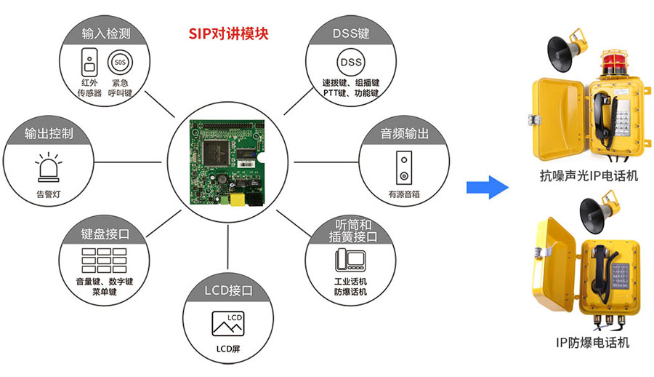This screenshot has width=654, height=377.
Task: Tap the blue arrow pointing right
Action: point(486,186)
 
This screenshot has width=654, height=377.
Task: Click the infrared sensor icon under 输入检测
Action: point(89,63)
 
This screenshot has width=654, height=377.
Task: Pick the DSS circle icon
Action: point(350,62)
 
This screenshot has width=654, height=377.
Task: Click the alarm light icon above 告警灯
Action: point(49,169)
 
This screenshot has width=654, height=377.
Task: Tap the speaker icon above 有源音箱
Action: point(402,168)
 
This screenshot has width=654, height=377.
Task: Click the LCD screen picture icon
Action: point(227,323)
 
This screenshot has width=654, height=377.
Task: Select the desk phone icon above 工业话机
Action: point(350,259)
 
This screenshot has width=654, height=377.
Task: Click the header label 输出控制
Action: point(49,134)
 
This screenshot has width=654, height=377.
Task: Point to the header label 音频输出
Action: point(404,134)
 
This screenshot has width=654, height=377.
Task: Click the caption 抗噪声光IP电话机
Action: point(589,175)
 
